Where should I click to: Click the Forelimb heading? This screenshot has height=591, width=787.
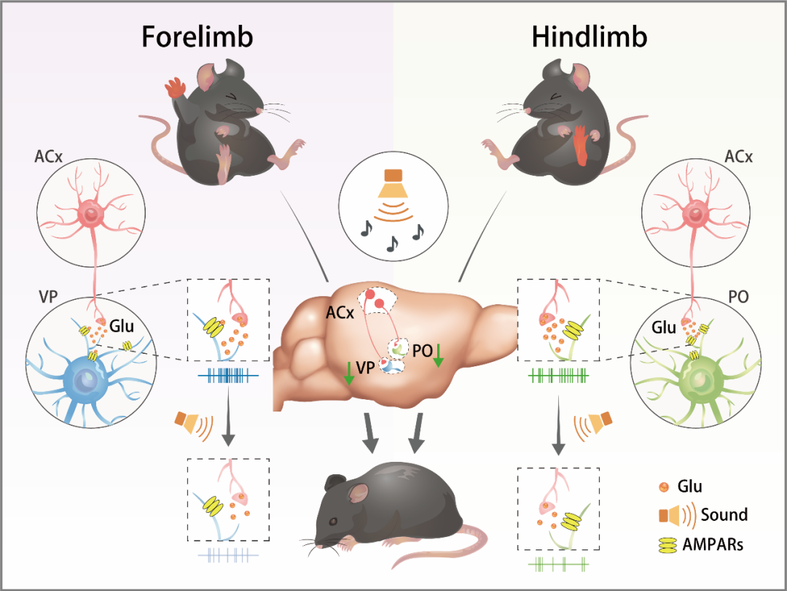pyautogui.click(x=197, y=37)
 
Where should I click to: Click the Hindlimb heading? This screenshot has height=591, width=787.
pyautogui.click(x=590, y=37)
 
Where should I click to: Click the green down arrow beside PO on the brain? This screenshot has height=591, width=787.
pyautogui.click(x=438, y=357)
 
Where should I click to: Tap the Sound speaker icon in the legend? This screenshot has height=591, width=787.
pyautogui.click(x=670, y=515)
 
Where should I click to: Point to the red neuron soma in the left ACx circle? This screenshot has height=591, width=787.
pyautogui.click(x=92, y=215)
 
